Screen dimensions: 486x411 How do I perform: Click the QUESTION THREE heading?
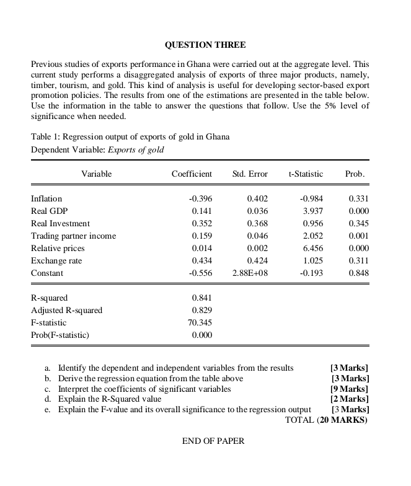205,45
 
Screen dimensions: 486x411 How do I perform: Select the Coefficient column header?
192,174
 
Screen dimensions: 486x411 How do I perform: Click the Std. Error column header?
250,174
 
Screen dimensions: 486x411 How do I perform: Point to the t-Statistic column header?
306,174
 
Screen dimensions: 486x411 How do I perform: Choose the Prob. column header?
355,174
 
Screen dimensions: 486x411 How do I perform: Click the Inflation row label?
46,198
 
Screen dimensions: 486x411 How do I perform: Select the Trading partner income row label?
73,236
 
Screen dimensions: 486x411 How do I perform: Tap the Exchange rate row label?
56,260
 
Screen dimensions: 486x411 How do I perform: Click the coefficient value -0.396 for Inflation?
200,198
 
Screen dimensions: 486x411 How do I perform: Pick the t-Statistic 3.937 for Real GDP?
312,211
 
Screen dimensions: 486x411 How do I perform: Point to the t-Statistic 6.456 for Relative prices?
312,248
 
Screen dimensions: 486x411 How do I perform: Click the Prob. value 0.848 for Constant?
359,273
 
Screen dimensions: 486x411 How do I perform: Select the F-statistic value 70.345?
200,322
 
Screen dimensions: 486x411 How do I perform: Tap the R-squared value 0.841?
202,298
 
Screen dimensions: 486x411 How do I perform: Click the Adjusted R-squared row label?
67,310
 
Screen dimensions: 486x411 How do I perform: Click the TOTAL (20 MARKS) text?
326,420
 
